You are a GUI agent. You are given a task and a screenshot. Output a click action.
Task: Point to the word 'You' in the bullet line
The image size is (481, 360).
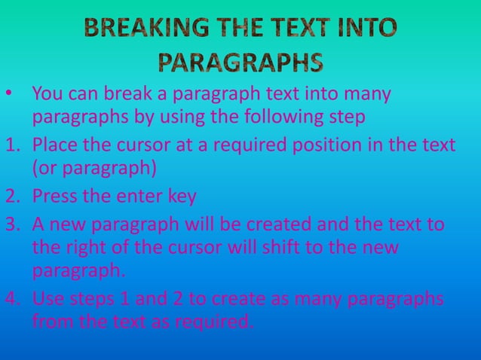coord(46,96)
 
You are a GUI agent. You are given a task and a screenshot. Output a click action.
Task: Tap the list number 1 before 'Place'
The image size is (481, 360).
coord(9,144)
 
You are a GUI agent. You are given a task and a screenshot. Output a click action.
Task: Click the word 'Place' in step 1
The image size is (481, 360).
coord(54,144)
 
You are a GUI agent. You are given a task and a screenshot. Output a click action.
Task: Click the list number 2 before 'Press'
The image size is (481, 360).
coord(10,197)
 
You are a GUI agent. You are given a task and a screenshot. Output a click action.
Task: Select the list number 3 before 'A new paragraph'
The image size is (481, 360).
coord(10,224)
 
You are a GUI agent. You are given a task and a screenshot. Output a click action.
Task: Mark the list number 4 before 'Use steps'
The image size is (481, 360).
coord(10,299)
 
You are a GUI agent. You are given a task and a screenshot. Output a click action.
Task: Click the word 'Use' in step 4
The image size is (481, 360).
coord(48,299)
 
